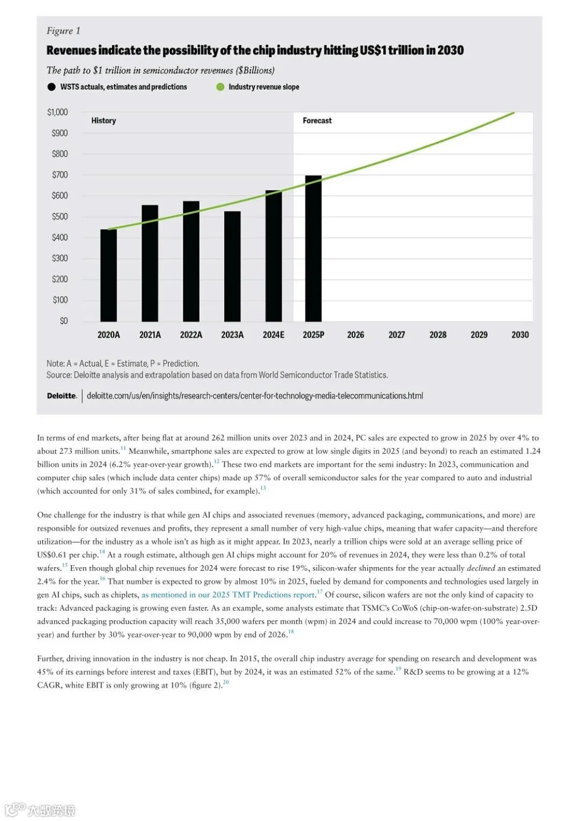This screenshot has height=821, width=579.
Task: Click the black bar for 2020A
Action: tap(108, 275)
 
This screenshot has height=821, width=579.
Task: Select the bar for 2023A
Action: tap(232, 267)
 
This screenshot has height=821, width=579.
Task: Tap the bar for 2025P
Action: tap(314, 248)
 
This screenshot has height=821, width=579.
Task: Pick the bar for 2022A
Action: tap(191, 261)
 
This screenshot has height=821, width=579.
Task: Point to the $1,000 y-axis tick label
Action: tap(57, 112)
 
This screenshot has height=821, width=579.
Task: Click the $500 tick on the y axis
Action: tap(60, 216)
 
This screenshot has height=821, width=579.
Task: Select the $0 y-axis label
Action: tap(64, 321)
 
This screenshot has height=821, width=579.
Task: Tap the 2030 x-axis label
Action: tap(520, 335)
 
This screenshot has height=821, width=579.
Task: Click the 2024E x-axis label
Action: tap(273, 335)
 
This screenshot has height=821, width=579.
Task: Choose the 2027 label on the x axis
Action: tap(397, 335)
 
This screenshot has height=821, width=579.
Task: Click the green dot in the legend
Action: tap(220, 87)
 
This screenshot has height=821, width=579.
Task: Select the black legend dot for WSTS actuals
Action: tap(51, 87)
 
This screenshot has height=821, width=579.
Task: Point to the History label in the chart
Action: tap(103, 121)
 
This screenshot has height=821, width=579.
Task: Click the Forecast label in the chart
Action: tap(317, 121)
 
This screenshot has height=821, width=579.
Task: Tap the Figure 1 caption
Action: tap(63, 31)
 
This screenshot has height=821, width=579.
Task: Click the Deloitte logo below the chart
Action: tap(62, 396)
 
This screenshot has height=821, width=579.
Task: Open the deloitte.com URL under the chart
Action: tap(255, 396)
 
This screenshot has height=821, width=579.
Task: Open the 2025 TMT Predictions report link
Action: tap(228, 595)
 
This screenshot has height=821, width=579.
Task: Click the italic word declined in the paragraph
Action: tap(480, 568)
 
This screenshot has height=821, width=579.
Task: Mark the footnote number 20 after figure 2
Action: tap(226, 683)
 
